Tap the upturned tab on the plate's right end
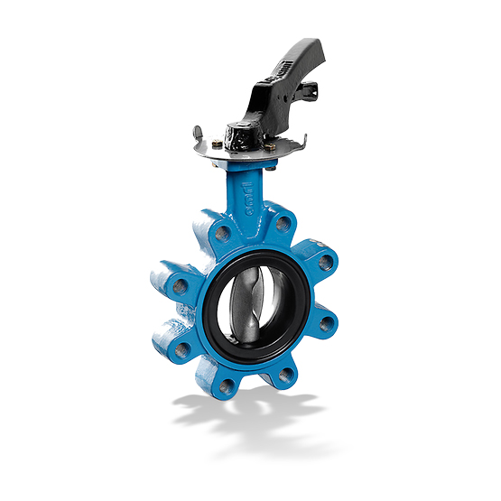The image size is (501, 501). coord(303,142)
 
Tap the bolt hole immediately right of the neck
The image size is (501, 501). coord(283,222)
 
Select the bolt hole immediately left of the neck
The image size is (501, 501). coord(220,234)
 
